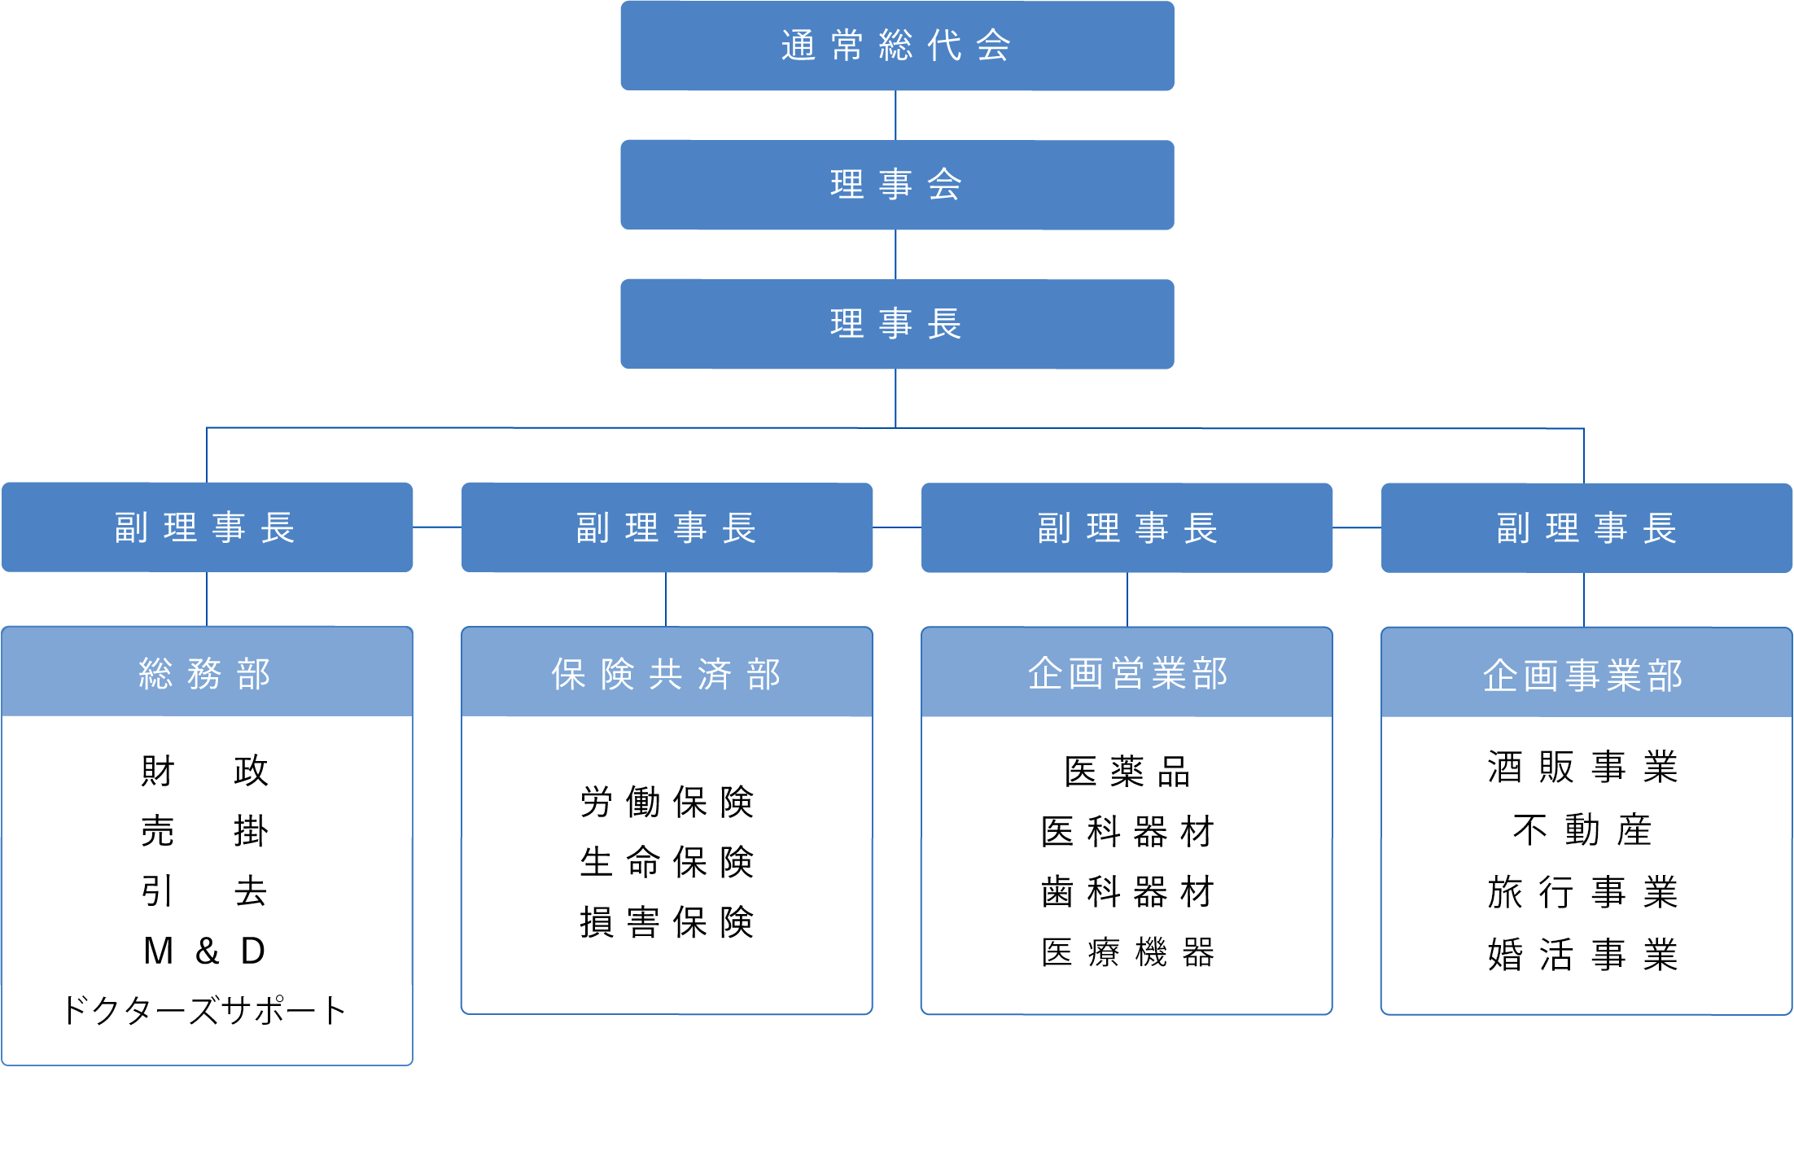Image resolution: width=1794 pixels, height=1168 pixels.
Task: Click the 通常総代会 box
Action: click(x=896, y=46)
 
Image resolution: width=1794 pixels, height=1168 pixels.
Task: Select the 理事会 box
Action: click(x=896, y=185)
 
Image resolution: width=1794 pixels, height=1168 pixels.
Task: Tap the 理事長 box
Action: click(x=896, y=324)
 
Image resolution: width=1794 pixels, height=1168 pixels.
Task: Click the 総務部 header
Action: click(x=207, y=673)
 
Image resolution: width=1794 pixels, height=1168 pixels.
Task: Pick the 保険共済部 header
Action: click(x=667, y=673)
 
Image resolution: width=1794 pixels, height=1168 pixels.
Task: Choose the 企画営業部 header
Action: click(x=1127, y=673)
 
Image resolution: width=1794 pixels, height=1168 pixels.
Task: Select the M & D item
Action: click(x=205, y=951)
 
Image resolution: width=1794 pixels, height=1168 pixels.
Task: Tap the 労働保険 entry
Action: click(x=667, y=803)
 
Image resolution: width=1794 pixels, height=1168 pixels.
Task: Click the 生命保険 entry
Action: click(x=667, y=862)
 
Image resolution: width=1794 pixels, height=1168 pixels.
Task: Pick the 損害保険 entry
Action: click(x=667, y=922)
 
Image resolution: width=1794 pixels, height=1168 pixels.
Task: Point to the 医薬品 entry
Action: click(x=1127, y=772)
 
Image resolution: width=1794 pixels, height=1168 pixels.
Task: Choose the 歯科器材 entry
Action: click(x=1127, y=892)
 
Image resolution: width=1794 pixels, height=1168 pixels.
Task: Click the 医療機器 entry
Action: click(x=1127, y=952)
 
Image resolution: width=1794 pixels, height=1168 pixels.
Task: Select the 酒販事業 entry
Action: click(x=1582, y=768)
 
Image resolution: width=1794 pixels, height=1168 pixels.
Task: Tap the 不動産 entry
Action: click(x=1582, y=830)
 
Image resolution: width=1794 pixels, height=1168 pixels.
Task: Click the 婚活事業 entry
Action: click(x=1582, y=955)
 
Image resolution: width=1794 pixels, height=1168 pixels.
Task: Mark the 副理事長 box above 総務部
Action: click(x=207, y=527)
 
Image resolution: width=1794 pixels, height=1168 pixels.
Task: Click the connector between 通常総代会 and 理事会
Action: click(x=895, y=115)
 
